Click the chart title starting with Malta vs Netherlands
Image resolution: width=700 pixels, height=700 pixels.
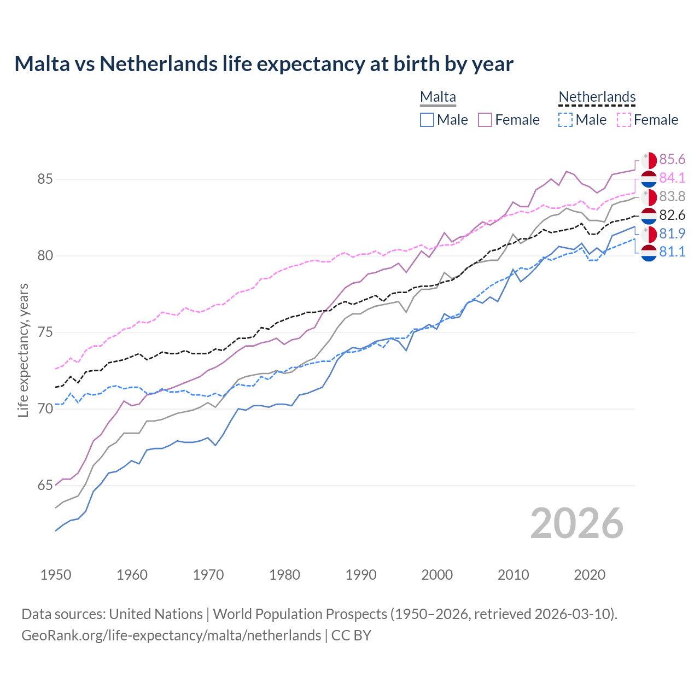point(264,64)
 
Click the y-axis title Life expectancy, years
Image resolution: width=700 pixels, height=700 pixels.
point(24,350)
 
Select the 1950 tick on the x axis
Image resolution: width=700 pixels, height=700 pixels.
point(56,575)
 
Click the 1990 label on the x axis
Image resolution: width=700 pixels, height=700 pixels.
point(361,575)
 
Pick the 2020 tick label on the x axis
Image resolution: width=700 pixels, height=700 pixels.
point(590,575)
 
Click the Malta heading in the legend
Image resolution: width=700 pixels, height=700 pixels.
point(437,97)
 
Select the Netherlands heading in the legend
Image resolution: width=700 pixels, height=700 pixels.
point(597,97)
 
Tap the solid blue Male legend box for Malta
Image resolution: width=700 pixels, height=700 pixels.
point(427,120)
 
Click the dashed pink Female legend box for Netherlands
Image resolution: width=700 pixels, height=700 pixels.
point(624,120)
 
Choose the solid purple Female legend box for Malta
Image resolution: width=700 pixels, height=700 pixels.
point(485,120)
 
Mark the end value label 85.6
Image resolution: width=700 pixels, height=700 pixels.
point(672,159)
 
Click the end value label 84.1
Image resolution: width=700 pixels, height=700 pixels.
point(672,178)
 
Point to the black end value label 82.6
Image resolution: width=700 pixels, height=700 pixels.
point(672,215)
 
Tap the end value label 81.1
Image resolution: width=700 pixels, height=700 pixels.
point(672,252)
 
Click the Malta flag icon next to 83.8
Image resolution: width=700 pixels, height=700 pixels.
point(649,197)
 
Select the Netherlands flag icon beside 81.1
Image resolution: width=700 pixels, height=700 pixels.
point(649,253)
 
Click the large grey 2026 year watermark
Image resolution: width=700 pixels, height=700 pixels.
point(577,523)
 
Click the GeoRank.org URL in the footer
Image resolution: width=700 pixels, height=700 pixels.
point(171,635)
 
